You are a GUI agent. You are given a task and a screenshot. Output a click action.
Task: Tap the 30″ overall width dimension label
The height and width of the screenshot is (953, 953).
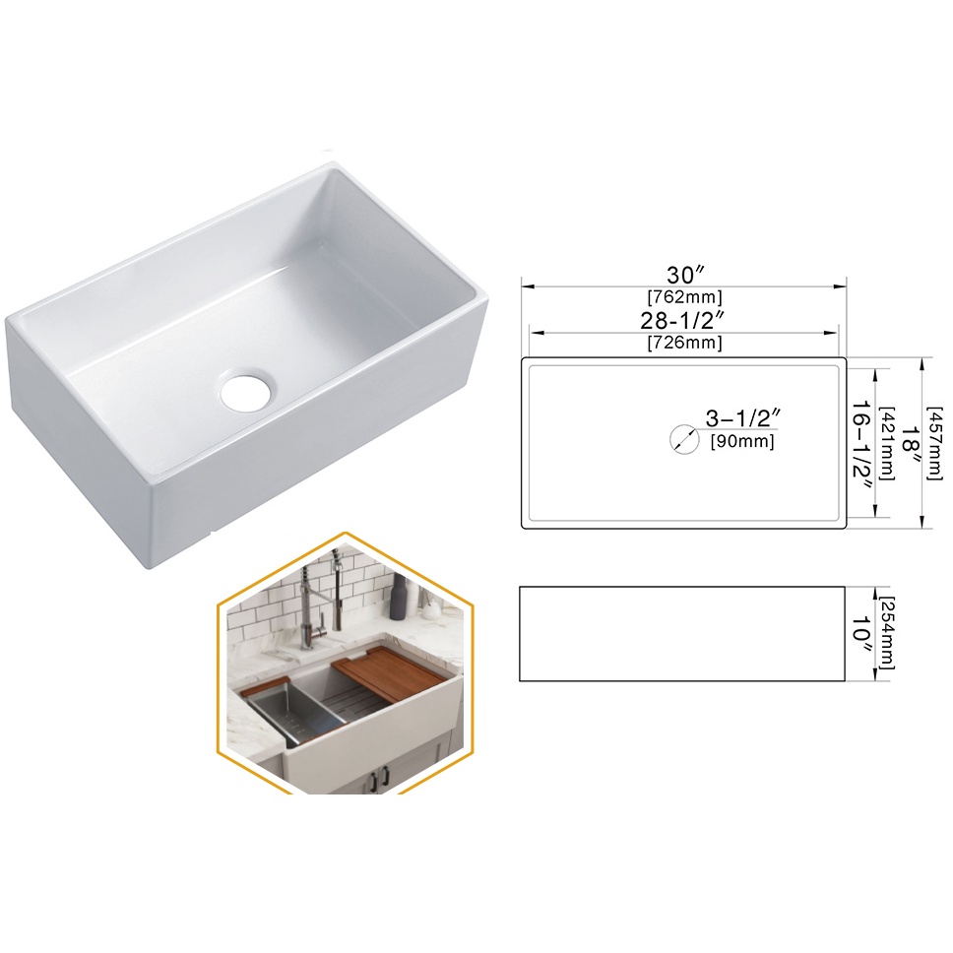coord(685,275)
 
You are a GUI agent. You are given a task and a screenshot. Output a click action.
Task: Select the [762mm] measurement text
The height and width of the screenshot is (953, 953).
coord(684,297)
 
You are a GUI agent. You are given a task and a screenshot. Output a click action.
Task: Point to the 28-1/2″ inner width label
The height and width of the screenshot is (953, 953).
coord(684,320)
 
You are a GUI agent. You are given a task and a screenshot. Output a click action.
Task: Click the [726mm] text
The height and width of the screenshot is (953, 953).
coord(684,343)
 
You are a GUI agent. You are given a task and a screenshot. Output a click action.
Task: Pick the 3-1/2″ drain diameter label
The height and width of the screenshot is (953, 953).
coord(742,417)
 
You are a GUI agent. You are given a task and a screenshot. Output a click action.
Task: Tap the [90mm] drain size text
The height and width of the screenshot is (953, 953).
coord(742,441)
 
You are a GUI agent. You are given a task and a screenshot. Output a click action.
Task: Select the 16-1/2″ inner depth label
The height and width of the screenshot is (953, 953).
coord(861,446)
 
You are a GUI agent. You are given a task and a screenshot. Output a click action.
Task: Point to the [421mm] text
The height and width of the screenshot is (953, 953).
coord(887,443)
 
